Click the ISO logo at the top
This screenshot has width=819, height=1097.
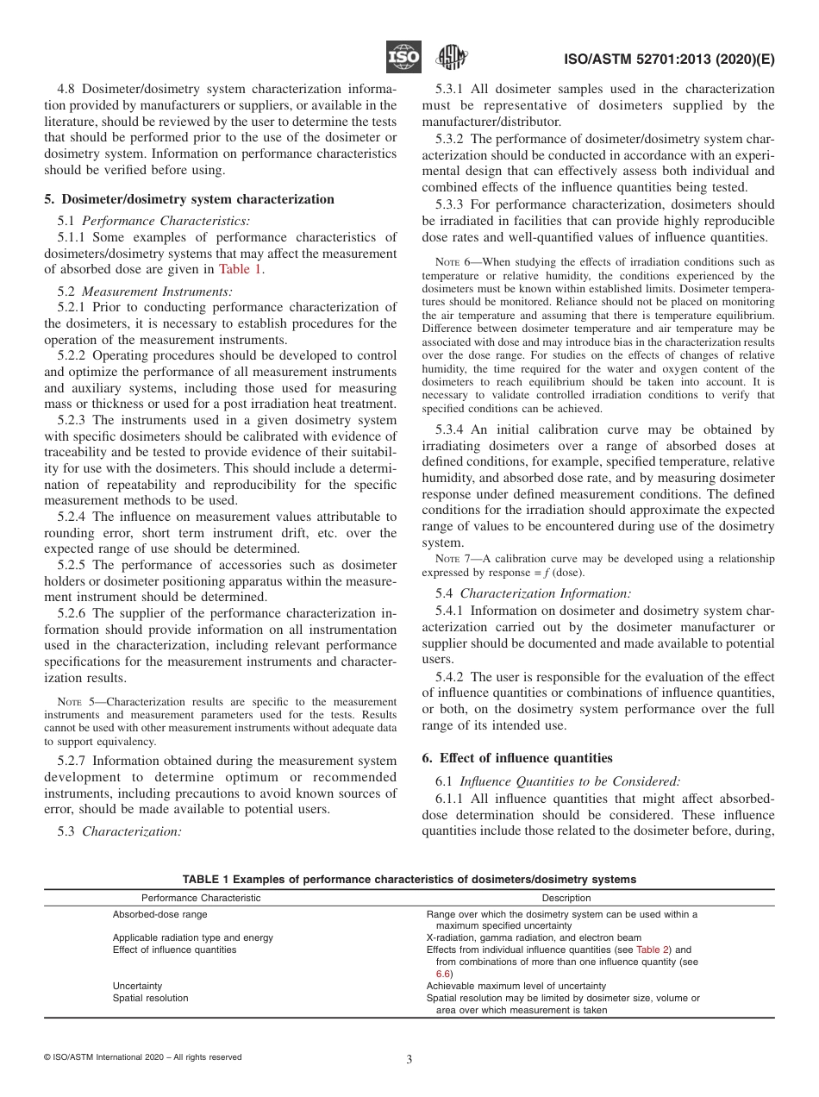pos(403,58)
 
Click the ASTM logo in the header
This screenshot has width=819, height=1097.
pos(451,58)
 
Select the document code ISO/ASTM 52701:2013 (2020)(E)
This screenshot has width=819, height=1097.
pos(669,59)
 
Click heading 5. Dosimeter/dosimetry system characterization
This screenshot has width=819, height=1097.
pos(189,199)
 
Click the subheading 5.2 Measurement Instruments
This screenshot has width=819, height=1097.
pos(145,291)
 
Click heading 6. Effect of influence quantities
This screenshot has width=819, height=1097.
pos(516,758)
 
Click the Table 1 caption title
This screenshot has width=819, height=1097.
pos(409,880)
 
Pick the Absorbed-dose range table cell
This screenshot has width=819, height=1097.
pos(159,914)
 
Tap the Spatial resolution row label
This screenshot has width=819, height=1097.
pos(150,998)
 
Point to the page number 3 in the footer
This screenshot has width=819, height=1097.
pos(409,1060)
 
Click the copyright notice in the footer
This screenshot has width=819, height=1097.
pos(142,1057)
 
